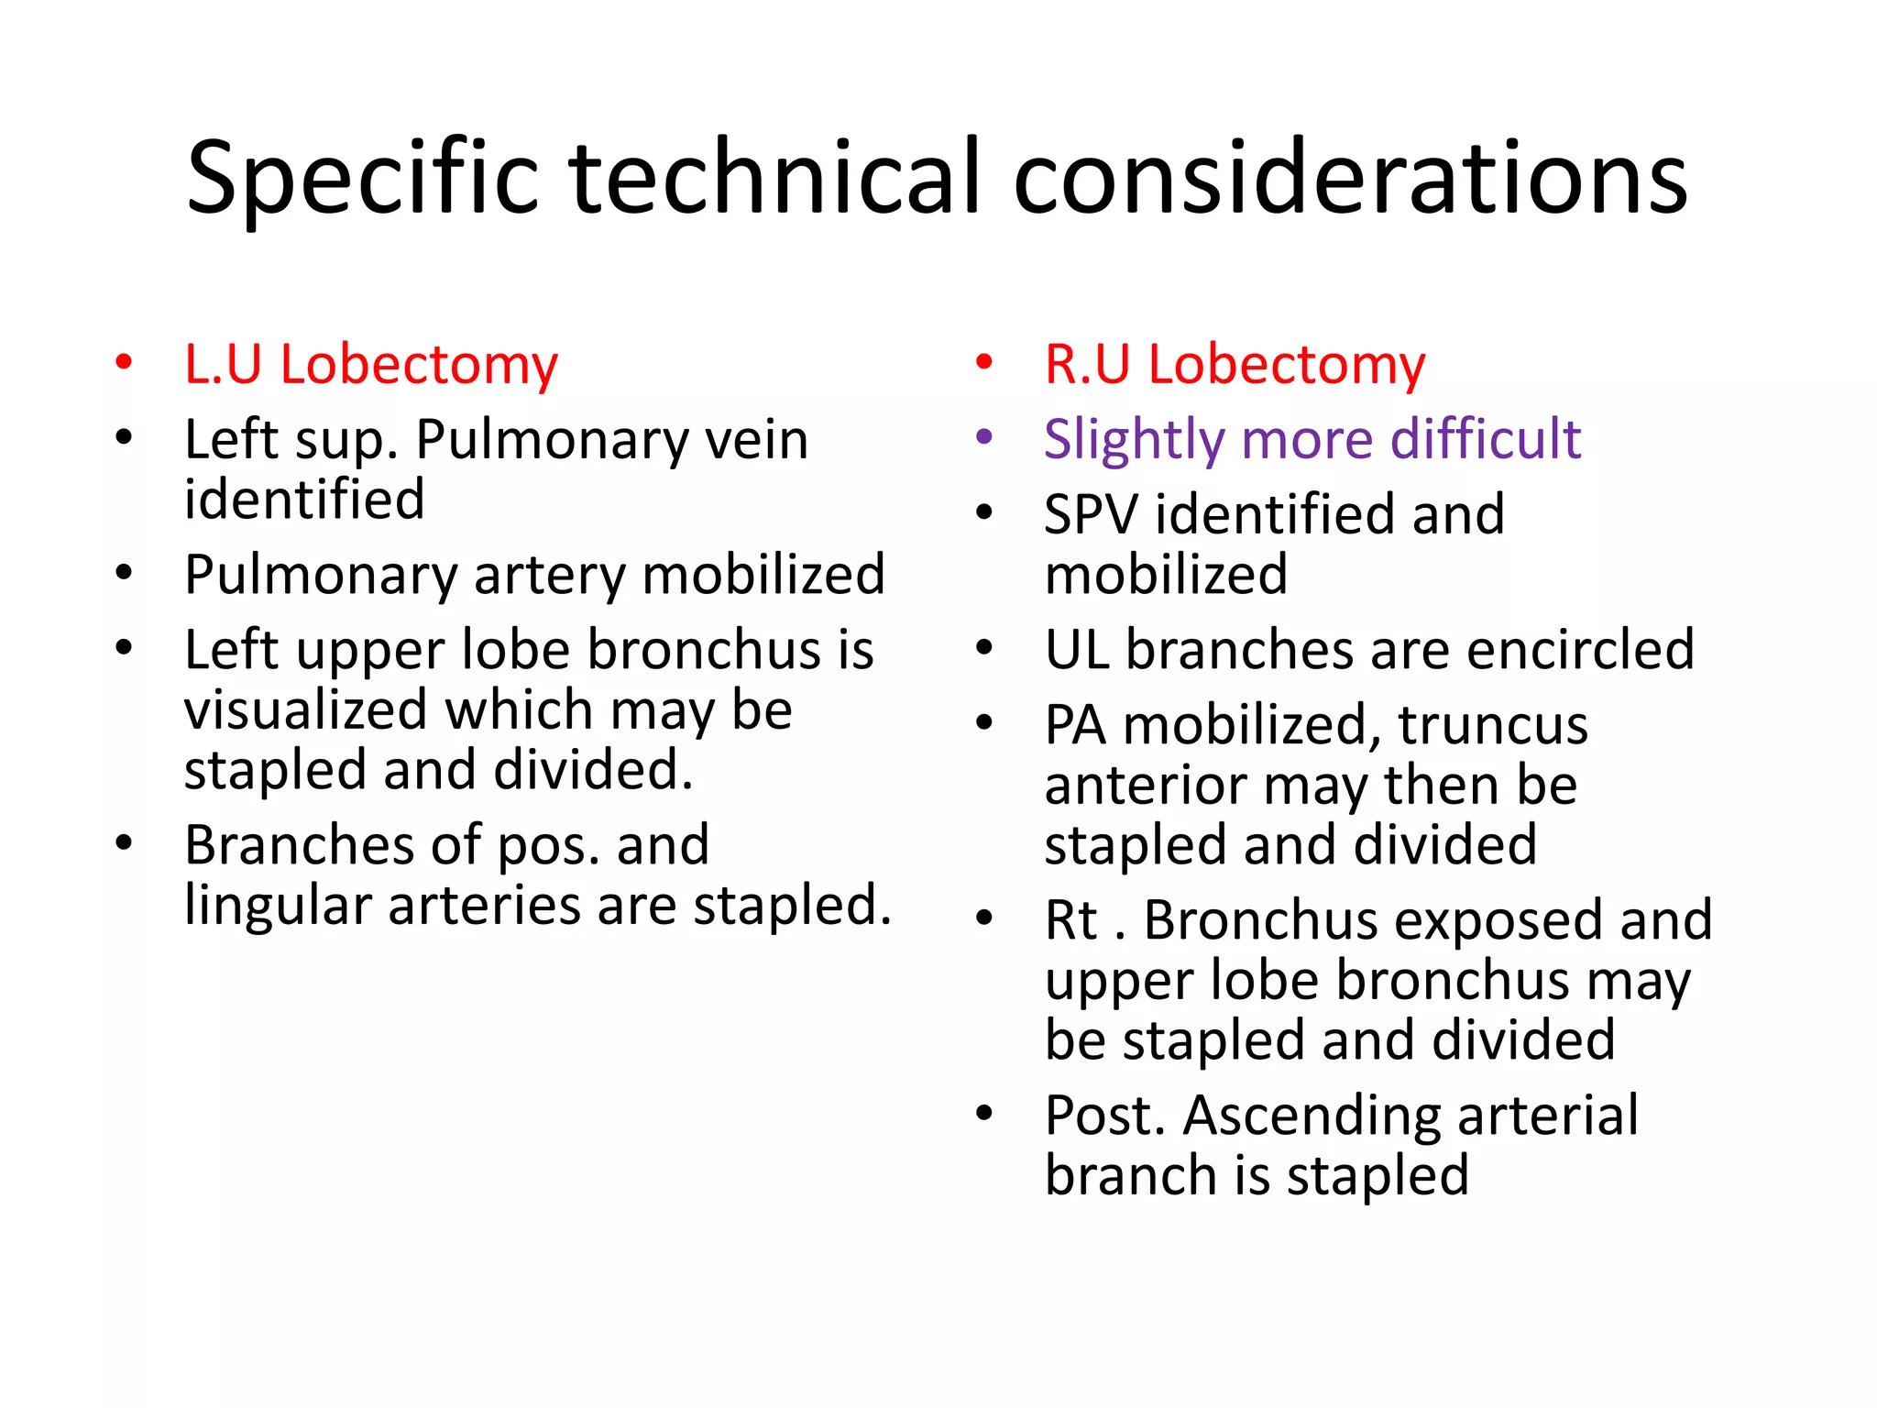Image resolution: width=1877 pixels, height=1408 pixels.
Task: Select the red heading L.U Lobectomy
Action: pyautogui.click(x=371, y=365)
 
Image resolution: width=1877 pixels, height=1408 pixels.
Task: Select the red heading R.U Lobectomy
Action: pyautogui.click(x=1235, y=365)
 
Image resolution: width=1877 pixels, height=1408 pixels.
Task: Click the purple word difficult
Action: pyautogui.click(x=1485, y=439)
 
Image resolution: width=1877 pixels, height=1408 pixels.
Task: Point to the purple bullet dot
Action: pyautogui.click(x=984, y=437)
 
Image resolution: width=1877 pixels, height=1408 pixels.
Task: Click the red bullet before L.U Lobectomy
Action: pyautogui.click(x=124, y=362)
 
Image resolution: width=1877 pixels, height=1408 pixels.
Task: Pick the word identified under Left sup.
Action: pyautogui.click(x=304, y=500)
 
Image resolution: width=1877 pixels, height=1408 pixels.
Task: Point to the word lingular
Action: pyautogui.click(x=278, y=906)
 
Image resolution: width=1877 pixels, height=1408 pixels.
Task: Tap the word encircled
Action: pyautogui.click(x=1580, y=650)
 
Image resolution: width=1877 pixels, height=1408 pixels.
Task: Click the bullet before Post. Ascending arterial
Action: pyautogui.click(x=984, y=1113)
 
